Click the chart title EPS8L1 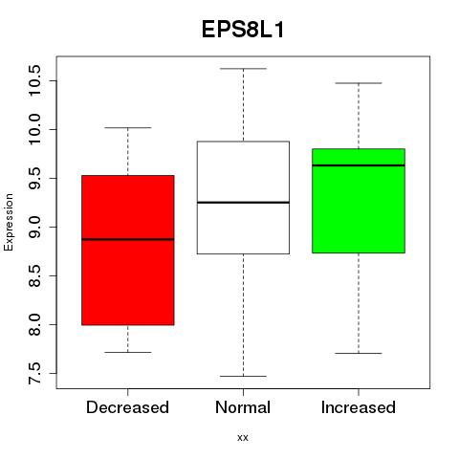click(243, 30)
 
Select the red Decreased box click(128, 251)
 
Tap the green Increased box click(359, 201)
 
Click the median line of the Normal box click(243, 203)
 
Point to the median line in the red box click(128, 239)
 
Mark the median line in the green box click(359, 165)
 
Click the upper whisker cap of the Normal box click(243, 69)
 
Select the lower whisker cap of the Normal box click(243, 376)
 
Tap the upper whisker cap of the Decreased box click(128, 127)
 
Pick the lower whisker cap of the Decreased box click(128, 352)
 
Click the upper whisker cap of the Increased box click(359, 83)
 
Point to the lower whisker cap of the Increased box click(359, 353)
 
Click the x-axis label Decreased click(127, 407)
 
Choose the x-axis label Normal click(243, 407)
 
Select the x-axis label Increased click(359, 407)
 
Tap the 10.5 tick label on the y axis click(34, 80)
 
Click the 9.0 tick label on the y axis click(34, 227)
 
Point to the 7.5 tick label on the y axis click(34, 373)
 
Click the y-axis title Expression click(9, 222)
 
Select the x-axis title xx click(243, 438)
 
